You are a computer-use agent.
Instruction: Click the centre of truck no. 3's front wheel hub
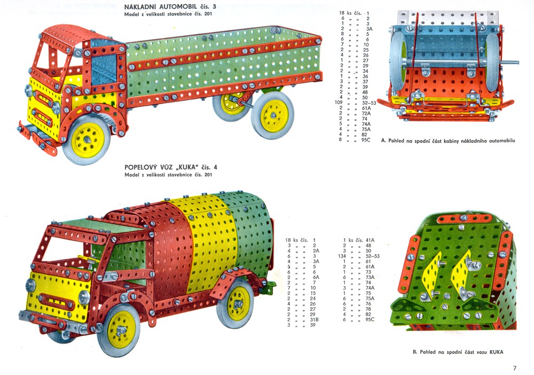pos(87,139)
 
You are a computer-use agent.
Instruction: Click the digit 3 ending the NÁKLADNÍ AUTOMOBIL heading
pos(214,6)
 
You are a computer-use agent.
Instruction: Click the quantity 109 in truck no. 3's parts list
pos(339,103)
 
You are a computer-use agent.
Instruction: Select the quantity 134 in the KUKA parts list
pos(342,256)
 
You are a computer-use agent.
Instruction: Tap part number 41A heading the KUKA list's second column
pos(370,240)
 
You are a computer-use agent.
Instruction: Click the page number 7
pos(515,368)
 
